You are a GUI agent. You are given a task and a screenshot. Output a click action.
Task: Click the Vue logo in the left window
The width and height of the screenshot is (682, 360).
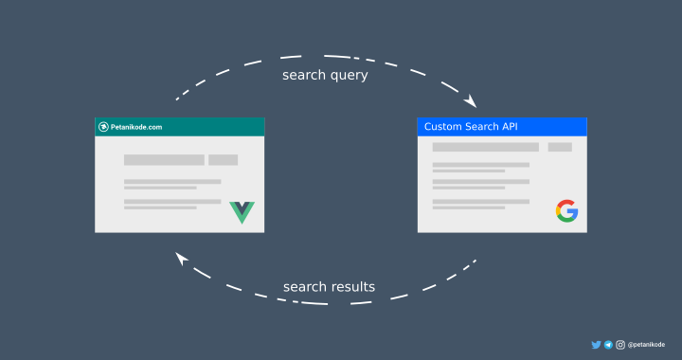242,211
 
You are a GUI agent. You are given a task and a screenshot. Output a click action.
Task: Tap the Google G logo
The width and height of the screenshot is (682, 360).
566,211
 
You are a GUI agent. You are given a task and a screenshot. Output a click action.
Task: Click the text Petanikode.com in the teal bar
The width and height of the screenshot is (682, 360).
136,127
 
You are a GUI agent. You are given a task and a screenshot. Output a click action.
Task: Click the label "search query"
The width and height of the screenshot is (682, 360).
326,75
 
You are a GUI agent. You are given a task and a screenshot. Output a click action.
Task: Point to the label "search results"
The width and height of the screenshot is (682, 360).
330,287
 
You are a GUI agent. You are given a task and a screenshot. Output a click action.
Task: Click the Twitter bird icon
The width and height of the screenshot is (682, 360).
596,345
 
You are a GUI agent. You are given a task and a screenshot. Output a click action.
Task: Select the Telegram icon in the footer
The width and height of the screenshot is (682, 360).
608,345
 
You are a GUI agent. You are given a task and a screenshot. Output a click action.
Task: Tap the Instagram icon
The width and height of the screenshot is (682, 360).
620,345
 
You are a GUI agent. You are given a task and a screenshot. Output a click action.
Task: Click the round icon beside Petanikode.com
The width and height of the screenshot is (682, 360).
103,127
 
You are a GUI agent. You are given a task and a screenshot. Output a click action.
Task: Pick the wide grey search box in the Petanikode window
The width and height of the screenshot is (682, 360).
164,160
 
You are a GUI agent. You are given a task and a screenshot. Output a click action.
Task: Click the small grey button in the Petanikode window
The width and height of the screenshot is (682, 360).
223,160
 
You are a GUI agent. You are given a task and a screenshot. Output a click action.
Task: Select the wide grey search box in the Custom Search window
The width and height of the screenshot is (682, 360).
485,147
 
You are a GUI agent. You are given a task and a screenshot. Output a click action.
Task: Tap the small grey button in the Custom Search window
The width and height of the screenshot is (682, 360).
560,147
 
